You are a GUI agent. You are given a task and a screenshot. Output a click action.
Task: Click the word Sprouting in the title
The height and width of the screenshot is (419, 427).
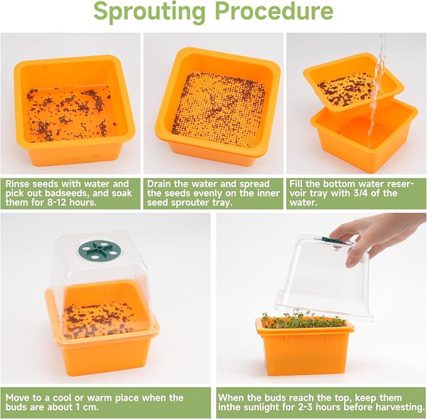149,12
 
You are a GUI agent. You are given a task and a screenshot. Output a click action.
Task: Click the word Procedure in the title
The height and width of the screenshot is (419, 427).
275,11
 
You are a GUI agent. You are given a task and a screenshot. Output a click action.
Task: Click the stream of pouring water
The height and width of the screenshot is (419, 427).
377,90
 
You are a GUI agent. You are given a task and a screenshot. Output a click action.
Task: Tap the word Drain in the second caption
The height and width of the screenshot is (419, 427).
159,184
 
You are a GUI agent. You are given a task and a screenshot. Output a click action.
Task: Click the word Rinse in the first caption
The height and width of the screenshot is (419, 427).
17,184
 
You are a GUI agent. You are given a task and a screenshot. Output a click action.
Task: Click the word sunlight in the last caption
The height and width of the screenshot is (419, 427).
258,407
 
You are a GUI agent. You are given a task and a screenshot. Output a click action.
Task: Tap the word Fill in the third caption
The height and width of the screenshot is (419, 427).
296,184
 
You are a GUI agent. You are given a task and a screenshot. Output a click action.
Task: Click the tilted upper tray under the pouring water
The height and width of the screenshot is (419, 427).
353,83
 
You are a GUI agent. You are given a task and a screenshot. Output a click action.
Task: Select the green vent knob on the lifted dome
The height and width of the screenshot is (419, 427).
331,240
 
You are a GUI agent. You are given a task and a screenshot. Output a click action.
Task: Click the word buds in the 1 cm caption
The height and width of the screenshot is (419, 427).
15,407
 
